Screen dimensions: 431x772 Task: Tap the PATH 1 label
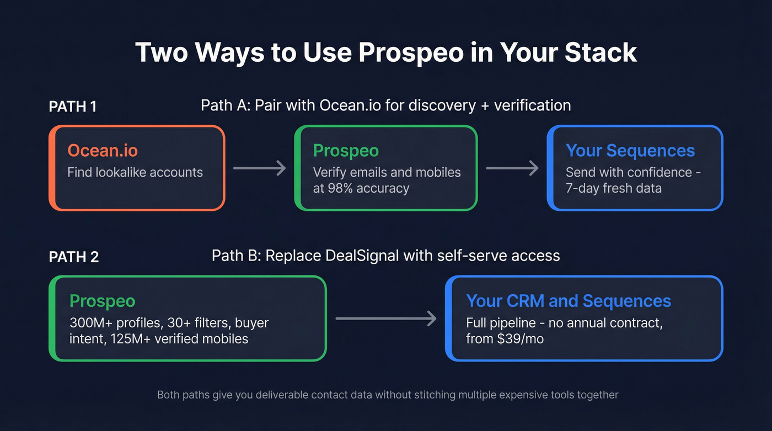73,107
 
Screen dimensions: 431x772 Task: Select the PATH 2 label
74,257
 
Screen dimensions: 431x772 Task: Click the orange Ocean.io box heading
103,150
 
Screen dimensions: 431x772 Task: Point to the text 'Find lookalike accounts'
135,172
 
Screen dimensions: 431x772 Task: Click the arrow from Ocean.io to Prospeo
259,168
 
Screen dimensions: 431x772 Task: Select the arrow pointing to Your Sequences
512,168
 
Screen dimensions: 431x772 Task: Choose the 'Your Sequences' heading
630,150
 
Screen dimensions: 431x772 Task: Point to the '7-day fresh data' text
614,188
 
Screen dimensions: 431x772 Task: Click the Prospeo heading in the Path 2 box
102,301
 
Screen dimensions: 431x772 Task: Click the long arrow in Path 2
385,318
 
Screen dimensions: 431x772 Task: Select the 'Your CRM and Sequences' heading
569,301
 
